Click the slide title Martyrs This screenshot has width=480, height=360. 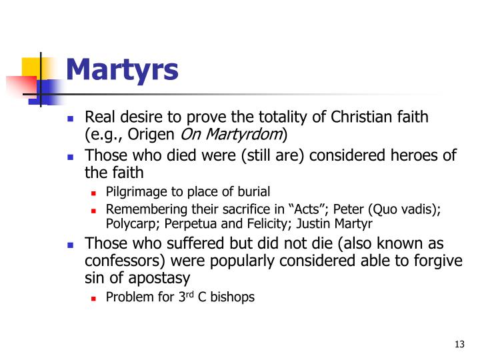click(x=122, y=69)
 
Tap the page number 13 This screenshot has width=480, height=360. click(x=458, y=344)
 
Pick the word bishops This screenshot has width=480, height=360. click(x=233, y=297)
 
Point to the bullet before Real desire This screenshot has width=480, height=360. click(x=72, y=119)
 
